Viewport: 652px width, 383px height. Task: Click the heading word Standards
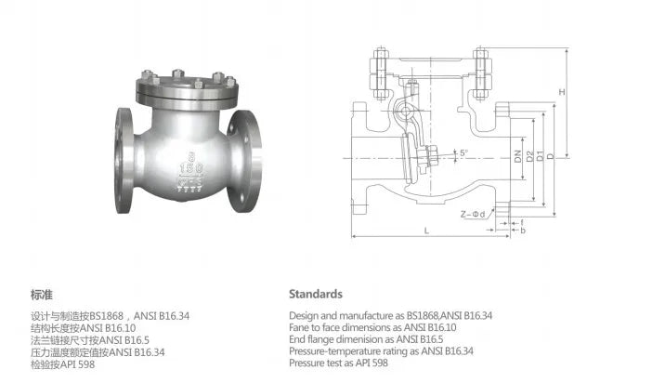pyautogui.click(x=315, y=294)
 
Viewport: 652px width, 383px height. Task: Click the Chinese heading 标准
pyautogui.click(x=40, y=294)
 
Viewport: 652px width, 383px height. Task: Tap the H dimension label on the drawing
pyautogui.click(x=562, y=91)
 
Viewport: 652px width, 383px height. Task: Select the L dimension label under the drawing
pyautogui.click(x=425, y=229)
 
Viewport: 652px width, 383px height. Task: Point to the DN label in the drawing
pyautogui.click(x=516, y=158)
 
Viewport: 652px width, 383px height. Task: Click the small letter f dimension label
pyautogui.click(x=523, y=220)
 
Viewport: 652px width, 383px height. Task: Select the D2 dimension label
pyautogui.click(x=528, y=158)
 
